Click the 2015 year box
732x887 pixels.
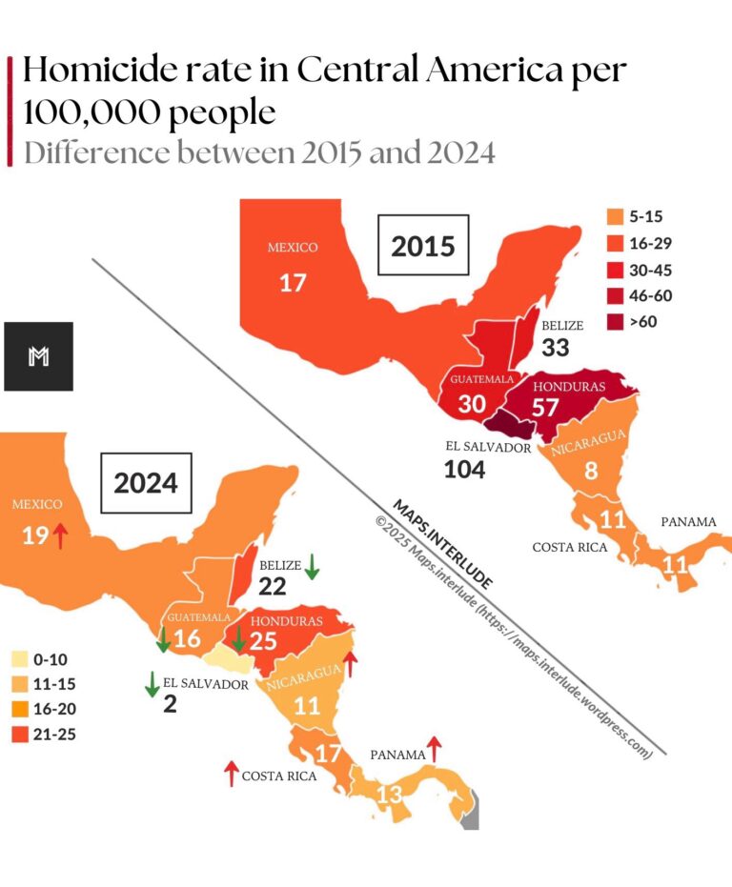[x=423, y=246]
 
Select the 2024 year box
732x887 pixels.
[x=146, y=483]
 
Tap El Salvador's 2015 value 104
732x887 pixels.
[x=464, y=469]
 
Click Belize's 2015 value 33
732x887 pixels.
[x=555, y=347]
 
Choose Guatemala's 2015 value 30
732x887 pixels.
[x=471, y=404]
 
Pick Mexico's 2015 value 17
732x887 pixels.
[x=292, y=282]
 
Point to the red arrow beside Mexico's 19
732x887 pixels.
[x=61, y=535]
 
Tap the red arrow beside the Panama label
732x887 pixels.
[x=436, y=750]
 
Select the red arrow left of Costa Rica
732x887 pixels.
[x=230, y=774]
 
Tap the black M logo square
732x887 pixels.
[x=38, y=356]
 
